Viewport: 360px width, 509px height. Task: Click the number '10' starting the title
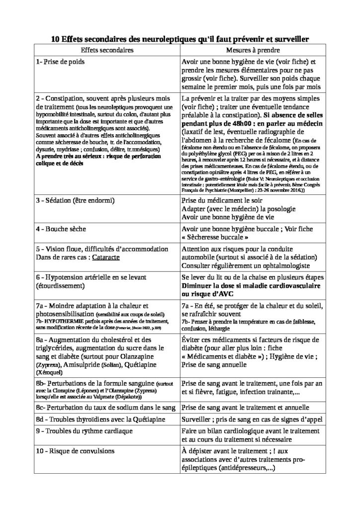[x=56, y=38]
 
